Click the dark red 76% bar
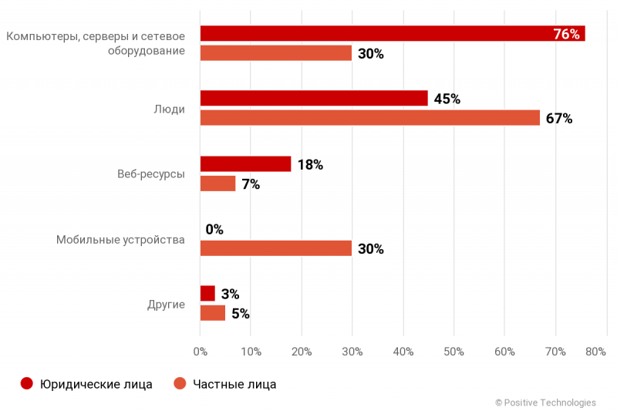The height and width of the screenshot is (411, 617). (x=370, y=34)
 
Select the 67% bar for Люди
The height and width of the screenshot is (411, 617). (x=370, y=118)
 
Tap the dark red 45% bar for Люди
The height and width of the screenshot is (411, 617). (x=314, y=99)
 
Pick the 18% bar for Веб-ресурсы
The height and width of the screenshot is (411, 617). (x=245, y=164)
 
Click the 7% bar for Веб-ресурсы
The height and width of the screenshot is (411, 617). (x=217, y=184)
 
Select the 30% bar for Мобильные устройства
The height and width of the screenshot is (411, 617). (x=275, y=248)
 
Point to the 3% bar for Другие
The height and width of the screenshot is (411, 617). (x=207, y=294)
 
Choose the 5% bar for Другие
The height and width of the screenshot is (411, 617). (x=213, y=313)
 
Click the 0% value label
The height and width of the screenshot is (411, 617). (x=214, y=229)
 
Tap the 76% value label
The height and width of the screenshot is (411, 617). (x=566, y=34)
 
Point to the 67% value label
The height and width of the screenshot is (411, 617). (x=559, y=119)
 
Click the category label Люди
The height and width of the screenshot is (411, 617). (x=170, y=109)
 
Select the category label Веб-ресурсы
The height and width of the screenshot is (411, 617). (x=146, y=174)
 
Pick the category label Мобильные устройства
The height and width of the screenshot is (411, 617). (x=120, y=240)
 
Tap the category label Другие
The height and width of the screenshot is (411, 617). (x=166, y=304)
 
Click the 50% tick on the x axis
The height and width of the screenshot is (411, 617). (x=453, y=352)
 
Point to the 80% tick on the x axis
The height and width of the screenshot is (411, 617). (x=596, y=352)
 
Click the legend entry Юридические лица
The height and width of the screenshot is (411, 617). (x=87, y=384)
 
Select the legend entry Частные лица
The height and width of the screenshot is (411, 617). (x=225, y=384)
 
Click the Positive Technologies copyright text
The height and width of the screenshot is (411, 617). (x=545, y=403)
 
